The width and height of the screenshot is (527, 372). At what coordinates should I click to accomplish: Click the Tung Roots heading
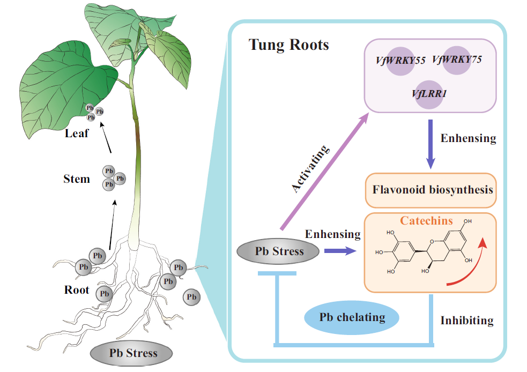[x=289, y=44]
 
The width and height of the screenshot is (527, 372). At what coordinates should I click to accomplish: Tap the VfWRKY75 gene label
[x=456, y=59]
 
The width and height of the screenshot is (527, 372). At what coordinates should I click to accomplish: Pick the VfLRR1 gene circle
[x=429, y=93]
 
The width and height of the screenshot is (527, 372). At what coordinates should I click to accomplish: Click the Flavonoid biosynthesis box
[x=432, y=189]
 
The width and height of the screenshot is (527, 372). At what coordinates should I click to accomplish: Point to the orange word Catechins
[x=426, y=220]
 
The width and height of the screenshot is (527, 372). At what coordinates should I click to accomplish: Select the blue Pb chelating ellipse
[x=352, y=317]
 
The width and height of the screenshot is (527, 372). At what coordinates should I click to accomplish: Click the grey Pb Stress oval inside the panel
[x=279, y=251]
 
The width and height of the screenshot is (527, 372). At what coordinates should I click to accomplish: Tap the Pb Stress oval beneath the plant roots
[x=133, y=353]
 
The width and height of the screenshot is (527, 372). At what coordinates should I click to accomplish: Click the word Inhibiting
[x=466, y=321]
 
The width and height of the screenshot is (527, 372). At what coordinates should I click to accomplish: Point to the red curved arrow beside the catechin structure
[x=472, y=263]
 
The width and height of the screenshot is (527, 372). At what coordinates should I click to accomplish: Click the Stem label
[x=77, y=178]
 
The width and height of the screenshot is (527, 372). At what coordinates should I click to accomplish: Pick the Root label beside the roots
[x=77, y=290]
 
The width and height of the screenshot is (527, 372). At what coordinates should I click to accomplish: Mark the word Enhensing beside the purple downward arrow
[x=468, y=138]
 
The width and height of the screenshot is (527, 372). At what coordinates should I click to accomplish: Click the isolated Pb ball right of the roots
[x=191, y=296]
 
